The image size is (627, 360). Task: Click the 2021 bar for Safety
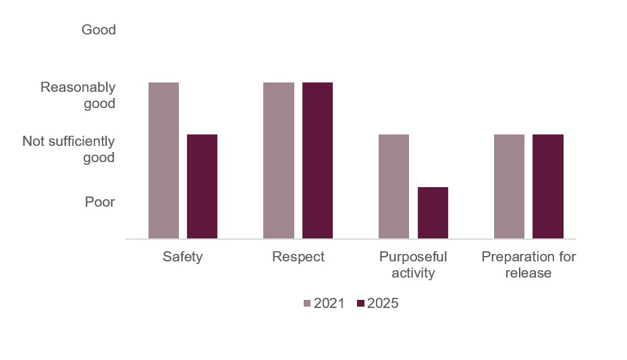click(163, 160)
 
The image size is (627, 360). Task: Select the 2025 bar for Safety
click(202, 186)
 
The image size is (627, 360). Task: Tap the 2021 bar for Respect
click(279, 160)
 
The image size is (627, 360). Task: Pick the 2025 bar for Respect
click(317, 160)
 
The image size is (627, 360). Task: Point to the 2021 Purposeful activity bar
click(393, 186)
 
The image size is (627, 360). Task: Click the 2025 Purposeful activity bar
click(433, 213)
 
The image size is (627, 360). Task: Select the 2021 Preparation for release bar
click(509, 186)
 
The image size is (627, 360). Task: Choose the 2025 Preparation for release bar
click(548, 186)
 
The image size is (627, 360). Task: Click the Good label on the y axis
click(99, 30)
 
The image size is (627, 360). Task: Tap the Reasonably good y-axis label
click(78, 95)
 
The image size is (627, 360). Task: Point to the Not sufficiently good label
click(69, 149)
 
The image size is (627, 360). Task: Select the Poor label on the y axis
click(100, 202)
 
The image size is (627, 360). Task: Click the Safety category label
click(182, 257)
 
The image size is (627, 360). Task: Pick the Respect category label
click(298, 257)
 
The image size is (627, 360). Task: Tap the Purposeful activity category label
click(413, 265)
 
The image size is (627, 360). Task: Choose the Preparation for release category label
click(528, 265)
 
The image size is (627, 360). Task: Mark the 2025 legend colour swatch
click(360, 304)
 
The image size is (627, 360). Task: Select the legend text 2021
click(330, 304)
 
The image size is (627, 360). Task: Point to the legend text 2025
click(383, 304)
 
